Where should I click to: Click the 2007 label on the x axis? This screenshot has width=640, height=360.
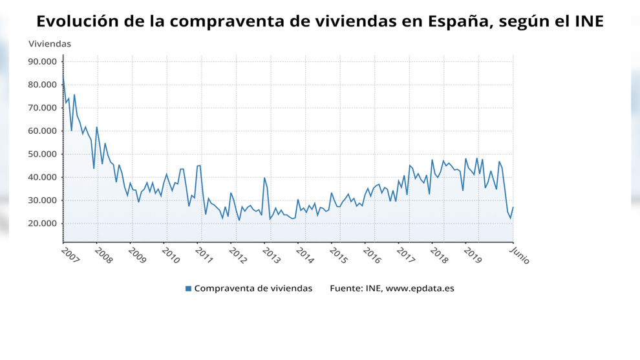(70, 255)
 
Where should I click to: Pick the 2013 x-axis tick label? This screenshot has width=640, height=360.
(272, 255)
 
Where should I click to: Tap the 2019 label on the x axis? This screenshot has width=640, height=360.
(473, 255)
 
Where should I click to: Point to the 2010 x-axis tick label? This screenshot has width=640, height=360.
(171, 255)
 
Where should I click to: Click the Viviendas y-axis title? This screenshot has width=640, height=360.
(50, 44)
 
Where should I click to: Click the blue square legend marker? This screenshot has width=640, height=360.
(188, 288)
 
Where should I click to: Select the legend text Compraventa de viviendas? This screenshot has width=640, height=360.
(253, 288)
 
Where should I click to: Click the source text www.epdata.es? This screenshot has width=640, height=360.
(420, 288)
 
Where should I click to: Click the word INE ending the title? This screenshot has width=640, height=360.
(589, 21)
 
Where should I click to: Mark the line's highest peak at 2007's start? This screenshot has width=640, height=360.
(63, 76)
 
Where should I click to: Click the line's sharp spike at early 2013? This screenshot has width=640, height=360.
(264, 178)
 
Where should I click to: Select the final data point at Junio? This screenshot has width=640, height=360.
(513, 207)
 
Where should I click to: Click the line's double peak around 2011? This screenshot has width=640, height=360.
(198, 165)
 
